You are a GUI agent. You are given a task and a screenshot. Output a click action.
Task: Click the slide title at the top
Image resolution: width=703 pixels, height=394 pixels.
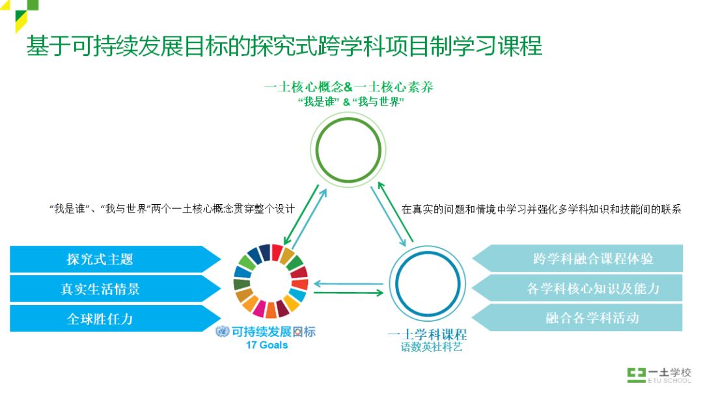[x=284, y=47]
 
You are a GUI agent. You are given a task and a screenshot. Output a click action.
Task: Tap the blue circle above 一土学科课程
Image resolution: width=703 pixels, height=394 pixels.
[x=428, y=287]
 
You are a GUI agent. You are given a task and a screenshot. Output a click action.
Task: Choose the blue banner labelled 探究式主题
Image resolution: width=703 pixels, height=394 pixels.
[x=111, y=259]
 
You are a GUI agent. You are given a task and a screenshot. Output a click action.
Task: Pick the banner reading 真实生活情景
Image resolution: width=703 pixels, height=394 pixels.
[x=111, y=289]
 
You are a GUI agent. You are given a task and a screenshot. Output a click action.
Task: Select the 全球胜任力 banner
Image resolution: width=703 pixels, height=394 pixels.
[x=111, y=319]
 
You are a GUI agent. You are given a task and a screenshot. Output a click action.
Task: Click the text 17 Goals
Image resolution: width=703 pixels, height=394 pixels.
[x=266, y=345]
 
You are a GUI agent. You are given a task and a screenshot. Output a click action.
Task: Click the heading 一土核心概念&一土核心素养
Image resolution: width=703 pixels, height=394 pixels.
[x=349, y=87]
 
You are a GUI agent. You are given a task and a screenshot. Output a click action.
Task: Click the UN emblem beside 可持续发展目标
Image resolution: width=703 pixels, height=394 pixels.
[x=222, y=332]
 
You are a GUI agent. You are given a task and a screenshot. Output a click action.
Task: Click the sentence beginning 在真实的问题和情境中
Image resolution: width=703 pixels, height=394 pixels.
[x=541, y=209]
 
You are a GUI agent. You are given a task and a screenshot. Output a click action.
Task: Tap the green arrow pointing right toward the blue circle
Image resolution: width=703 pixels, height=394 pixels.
[x=348, y=293]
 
